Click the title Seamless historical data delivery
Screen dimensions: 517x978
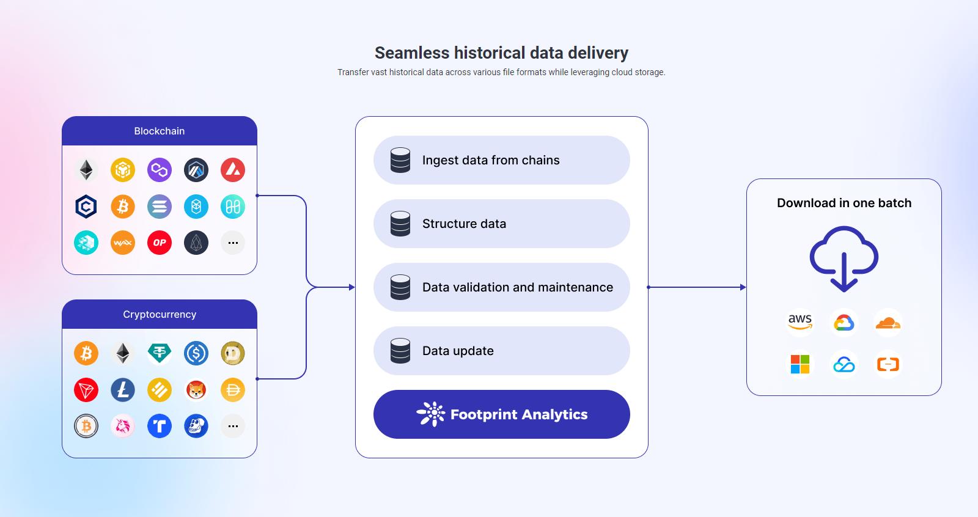501,53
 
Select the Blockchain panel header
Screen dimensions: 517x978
160,131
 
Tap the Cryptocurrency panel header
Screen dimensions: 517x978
160,314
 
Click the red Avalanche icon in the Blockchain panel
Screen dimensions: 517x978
233,170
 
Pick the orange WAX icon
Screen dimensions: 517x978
123,243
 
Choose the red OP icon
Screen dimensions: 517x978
160,243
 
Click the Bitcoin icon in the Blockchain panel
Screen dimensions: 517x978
123,207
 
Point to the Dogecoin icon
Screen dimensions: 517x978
233,353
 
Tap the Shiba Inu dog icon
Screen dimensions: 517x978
196,390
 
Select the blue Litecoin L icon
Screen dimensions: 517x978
123,390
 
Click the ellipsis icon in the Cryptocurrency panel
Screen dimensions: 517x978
233,426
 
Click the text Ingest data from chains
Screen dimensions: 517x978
491,160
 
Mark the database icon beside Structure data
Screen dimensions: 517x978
400,224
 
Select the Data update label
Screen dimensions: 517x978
458,351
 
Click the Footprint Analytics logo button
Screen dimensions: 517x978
501,414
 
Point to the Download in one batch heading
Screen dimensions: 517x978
844,203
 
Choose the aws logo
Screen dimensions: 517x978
800,322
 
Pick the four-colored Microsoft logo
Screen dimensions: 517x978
800,365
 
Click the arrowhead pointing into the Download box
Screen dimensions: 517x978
743,287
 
